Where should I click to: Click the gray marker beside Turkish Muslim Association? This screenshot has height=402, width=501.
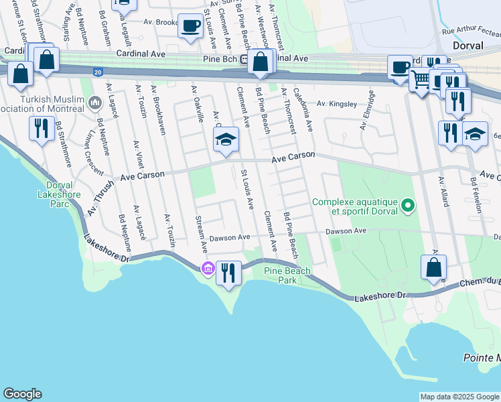pyautogui.click(x=94, y=103)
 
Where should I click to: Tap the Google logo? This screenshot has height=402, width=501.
pyautogui.click(x=22, y=394)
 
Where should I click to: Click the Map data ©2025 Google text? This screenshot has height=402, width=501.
pyautogui.click(x=459, y=397)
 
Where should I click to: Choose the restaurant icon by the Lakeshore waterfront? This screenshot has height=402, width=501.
pyautogui.click(x=229, y=272)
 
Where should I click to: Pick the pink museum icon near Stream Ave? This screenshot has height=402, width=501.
pyautogui.click(x=208, y=269)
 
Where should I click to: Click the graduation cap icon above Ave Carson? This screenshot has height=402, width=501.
pyautogui.click(x=226, y=139)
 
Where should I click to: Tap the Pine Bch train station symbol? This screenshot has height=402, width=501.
pyautogui.click(x=246, y=59)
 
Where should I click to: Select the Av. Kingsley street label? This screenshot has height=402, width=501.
pyautogui.click(x=337, y=104)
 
